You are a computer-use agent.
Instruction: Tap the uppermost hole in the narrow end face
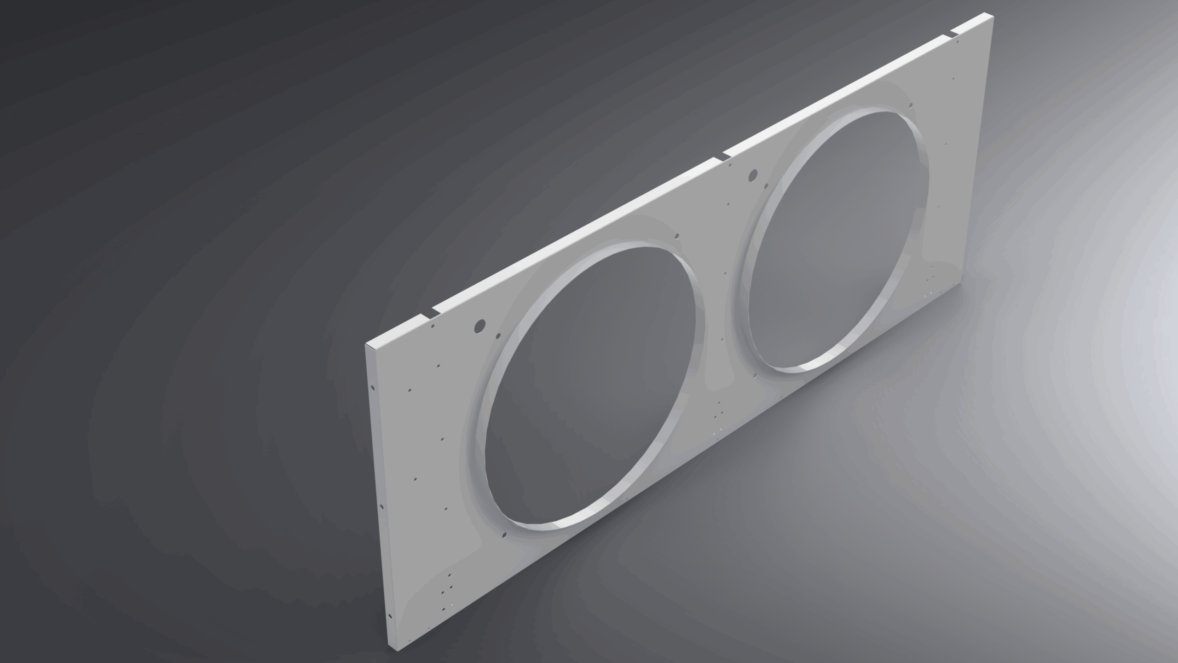coord(371,386)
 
